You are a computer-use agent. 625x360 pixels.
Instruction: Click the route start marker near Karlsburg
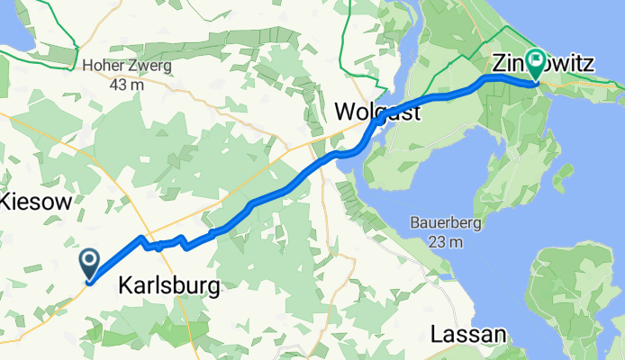[x=91, y=264]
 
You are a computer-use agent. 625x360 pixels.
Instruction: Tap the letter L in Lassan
[x=437, y=334]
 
